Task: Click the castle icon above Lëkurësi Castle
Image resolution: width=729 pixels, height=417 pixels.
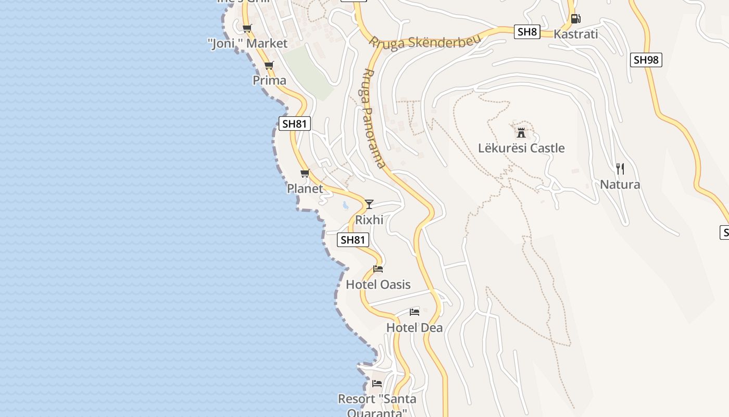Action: [x=521, y=132]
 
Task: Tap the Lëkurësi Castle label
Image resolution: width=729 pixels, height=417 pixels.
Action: [x=521, y=148]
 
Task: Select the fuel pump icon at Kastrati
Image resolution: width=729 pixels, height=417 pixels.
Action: [x=575, y=19]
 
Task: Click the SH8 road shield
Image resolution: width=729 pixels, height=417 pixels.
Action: [x=527, y=32]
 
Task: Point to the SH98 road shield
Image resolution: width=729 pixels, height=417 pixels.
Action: [x=646, y=60]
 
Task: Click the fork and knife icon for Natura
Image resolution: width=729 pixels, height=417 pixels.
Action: [x=620, y=168]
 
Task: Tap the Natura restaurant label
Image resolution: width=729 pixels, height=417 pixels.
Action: [x=620, y=185]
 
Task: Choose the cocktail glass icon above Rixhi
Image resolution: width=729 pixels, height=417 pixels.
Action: [x=369, y=204]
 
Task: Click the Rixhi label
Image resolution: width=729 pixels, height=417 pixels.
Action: [x=369, y=220]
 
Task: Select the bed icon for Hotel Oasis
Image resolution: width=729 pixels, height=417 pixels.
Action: [x=378, y=269]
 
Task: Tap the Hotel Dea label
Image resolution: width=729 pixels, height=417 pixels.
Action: [x=414, y=328]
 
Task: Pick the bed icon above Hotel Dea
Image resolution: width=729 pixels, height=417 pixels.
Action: [x=414, y=312]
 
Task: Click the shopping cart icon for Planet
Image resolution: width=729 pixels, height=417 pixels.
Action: [x=305, y=173]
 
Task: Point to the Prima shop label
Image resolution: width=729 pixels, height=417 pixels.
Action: [x=269, y=80]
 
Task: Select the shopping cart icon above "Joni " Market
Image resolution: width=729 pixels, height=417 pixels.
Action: [x=247, y=28]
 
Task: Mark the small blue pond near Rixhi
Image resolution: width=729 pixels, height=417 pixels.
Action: [x=345, y=205]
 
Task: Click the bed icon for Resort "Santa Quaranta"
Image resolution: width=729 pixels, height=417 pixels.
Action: [x=377, y=383]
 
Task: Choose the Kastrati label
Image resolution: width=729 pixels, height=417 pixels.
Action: [x=575, y=34]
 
